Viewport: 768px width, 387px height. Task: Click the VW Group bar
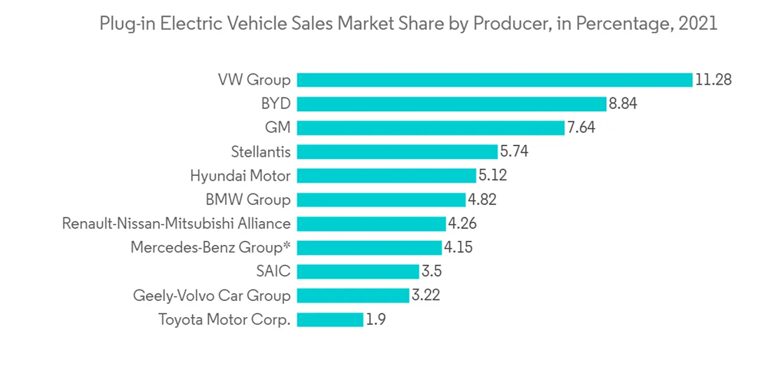tap(495, 80)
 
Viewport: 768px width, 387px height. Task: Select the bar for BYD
tap(452, 104)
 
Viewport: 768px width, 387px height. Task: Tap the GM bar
tap(430, 127)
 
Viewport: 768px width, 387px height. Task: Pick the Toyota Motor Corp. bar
tap(329, 319)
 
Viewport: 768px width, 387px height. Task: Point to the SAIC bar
tap(357, 272)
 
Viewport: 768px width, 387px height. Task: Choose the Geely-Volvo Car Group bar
tap(353, 296)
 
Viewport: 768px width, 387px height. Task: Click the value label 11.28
tap(713, 80)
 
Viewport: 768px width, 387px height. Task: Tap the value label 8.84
tap(624, 104)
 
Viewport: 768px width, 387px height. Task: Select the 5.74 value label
tap(514, 151)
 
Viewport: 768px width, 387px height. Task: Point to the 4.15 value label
tap(458, 247)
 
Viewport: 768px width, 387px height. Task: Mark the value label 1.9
tap(376, 319)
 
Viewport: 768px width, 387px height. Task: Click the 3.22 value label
tap(425, 296)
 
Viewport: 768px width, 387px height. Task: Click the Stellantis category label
tap(260, 152)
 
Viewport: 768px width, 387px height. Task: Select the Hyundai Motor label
tap(240, 176)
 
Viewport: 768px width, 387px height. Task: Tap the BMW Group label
tap(248, 200)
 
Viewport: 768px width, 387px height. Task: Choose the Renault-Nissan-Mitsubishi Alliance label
tap(177, 223)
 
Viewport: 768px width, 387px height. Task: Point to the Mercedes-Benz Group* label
tap(210, 248)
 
